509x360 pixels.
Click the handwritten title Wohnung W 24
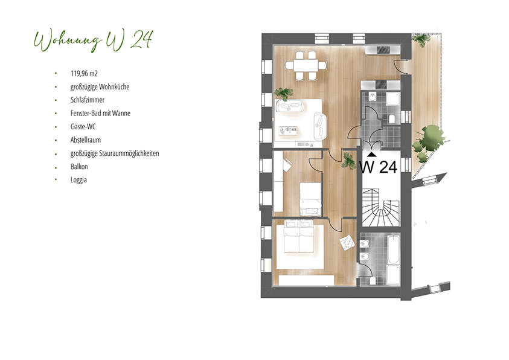[x=93, y=41]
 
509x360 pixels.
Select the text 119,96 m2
[x=84, y=73]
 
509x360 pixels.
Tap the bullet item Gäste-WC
[x=83, y=127]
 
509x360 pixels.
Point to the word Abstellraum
[x=85, y=140]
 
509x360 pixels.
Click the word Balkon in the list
[x=79, y=167]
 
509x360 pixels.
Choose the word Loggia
[x=78, y=180]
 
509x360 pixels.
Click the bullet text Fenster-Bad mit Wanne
[x=100, y=114]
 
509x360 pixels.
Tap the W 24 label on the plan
[x=378, y=167]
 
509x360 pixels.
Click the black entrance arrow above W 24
[x=372, y=155]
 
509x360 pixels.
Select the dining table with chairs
[x=306, y=65]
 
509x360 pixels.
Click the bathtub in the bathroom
[x=393, y=250]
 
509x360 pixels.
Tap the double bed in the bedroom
[x=299, y=236]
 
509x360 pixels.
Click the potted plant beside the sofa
[x=283, y=94]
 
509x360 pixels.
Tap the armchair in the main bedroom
[x=347, y=242]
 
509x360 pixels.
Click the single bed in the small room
[x=310, y=199]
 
